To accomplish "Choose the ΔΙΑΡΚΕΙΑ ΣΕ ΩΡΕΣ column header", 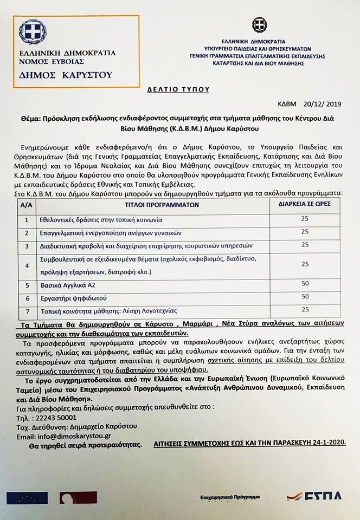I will [305, 205].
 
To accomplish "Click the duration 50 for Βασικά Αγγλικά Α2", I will [305, 284].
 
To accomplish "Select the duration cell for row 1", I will [305, 219].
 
